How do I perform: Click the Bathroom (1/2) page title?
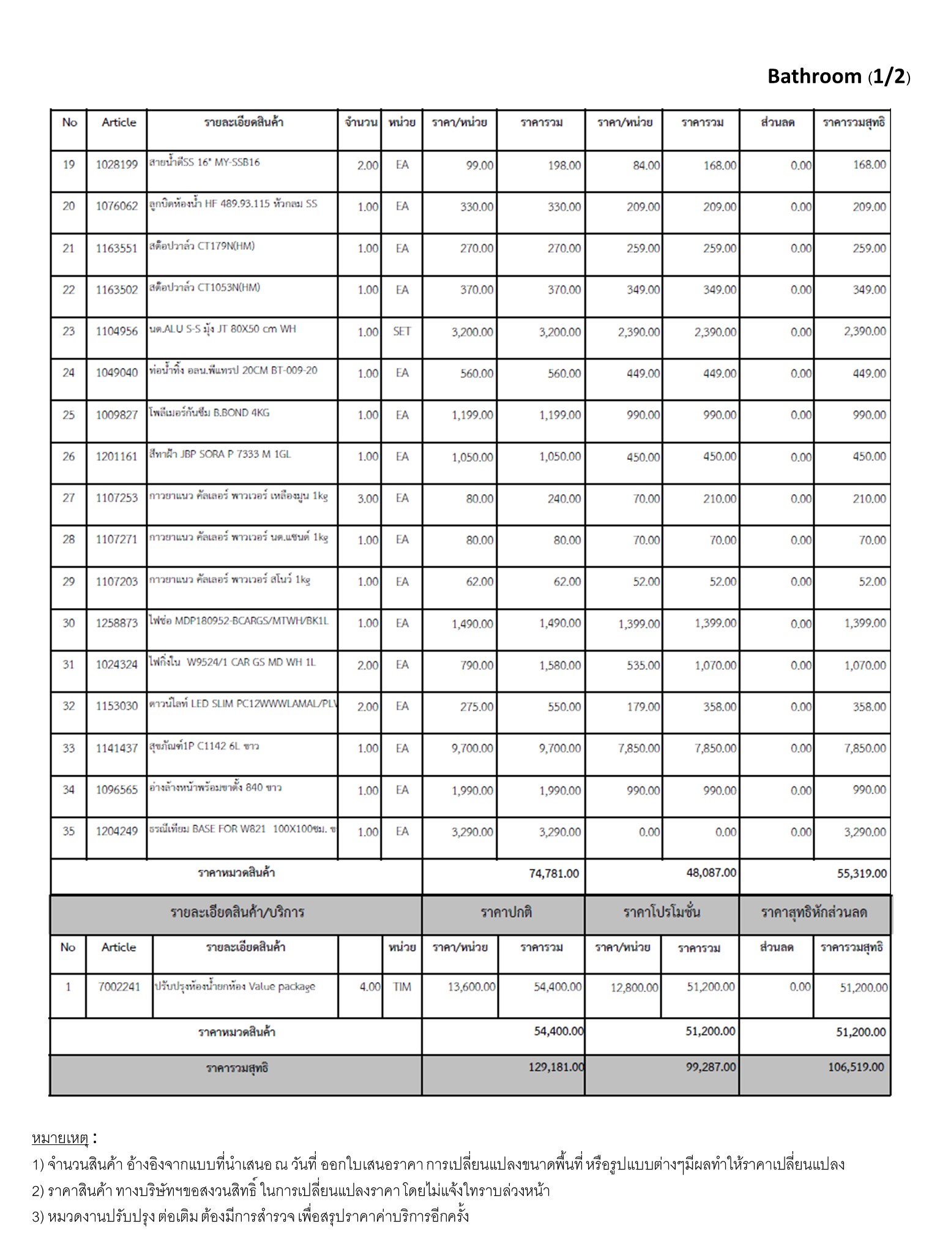838,76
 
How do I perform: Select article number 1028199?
116,165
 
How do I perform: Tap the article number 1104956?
116,331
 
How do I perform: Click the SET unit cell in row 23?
401,331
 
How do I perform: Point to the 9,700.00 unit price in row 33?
472,748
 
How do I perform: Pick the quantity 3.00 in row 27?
368,498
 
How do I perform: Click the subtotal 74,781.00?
553,873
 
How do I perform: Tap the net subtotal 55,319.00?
862,873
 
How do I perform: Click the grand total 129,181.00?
556,1067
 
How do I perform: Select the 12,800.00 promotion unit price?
634,987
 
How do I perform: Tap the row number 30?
69,623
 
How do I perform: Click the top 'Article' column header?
119,122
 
